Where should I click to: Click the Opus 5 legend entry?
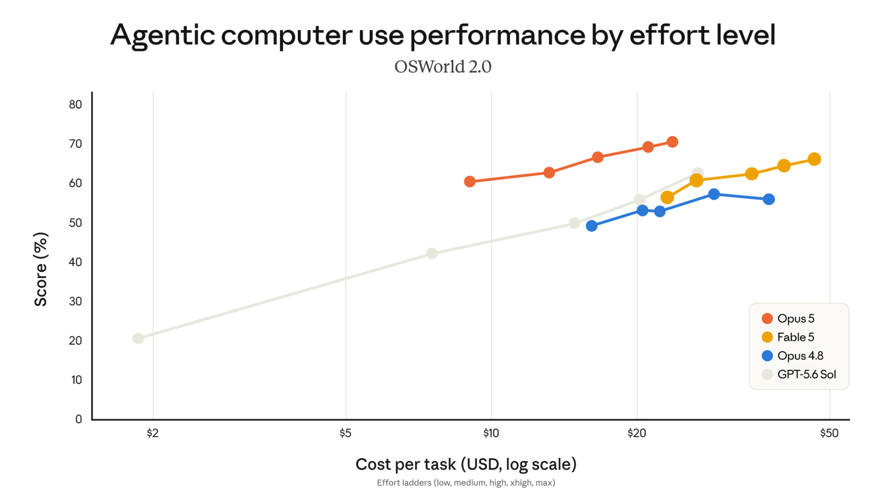coord(788,319)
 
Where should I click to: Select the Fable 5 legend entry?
coord(788,337)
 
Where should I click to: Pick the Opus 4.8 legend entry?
coord(792,356)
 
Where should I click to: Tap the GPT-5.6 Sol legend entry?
coord(799,375)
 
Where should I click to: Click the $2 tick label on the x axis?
coord(153,433)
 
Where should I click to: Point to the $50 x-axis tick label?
coord(830,433)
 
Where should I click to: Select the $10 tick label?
coord(491,433)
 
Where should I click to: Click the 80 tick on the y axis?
coord(75,104)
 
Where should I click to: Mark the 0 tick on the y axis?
coord(78,419)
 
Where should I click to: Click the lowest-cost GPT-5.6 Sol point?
coord(138,339)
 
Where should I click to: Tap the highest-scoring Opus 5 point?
coord(672,142)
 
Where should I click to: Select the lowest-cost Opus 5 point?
coord(470,182)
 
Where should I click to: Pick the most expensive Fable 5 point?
coord(814,159)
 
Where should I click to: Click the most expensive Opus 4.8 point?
coord(769,200)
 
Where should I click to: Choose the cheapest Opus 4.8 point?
coord(592,226)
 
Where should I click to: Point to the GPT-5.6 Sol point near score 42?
coord(432,254)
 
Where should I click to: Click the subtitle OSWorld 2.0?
coord(443,67)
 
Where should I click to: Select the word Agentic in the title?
coord(163,36)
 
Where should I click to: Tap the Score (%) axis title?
coord(41,269)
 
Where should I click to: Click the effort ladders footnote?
coord(466,483)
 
